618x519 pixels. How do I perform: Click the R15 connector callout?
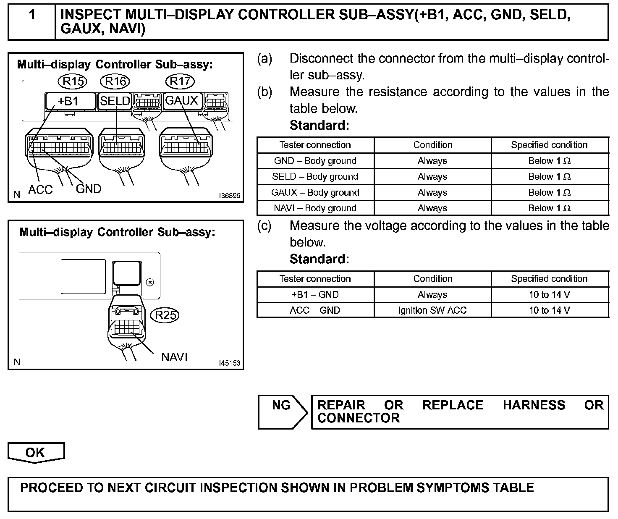point(73,81)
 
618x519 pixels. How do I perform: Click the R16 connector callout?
point(115,81)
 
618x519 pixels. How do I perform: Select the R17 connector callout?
point(181,81)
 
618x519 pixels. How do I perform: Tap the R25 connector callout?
point(165,315)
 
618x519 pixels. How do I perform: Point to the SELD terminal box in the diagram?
point(115,101)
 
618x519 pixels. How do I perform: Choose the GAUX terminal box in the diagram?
point(182,101)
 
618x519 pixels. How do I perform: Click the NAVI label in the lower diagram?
point(174,357)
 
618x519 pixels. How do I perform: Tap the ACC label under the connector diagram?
point(40,190)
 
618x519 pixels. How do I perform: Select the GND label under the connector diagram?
point(89,189)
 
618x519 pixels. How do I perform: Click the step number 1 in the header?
point(32,15)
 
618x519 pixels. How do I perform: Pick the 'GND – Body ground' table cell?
point(315,161)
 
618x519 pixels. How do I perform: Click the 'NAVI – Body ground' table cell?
point(315,208)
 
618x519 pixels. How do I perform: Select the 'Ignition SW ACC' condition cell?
point(432,310)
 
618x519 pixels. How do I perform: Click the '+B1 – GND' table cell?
point(315,295)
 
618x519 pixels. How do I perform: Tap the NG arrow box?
point(282,412)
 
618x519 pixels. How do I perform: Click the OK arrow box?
point(36,453)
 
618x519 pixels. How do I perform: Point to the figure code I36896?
point(230,196)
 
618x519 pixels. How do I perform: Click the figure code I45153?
point(230,363)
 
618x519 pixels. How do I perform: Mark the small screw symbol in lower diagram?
point(149,282)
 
